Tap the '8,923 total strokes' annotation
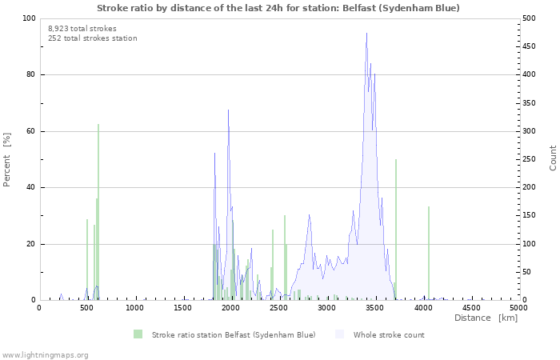click(x=82, y=28)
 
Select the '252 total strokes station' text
click(x=92, y=38)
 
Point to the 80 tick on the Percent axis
click(x=30, y=75)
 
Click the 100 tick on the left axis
click(x=27, y=18)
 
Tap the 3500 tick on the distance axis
click(x=375, y=307)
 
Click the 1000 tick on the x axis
click(x=135, y=307)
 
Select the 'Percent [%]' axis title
click(x=7, y=159)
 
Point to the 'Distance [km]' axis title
click(x=486, y=318)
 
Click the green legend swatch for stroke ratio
click(x=138, y=334)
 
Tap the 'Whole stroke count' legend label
click(x=389, y=334)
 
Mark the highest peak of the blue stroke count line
click(x=366, y=34)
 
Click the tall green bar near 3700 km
click(x=395, y=232)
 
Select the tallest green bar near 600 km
click(x=98, y=216)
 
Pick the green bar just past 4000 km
click(x=429, y=256)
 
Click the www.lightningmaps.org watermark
click(x=45, y=354)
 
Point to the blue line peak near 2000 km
click(x=228, y=110)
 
